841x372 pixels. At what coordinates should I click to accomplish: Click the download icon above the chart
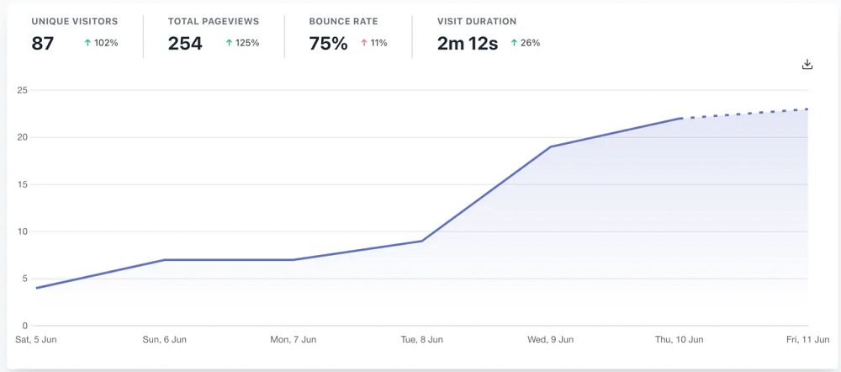click(x=807, y=65)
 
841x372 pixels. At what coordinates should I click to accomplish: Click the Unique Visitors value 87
click(x=43, y=44)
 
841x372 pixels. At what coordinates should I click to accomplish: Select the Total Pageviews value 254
click(x=185, y=44)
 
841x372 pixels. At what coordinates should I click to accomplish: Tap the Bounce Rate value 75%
click(x=328, y=44)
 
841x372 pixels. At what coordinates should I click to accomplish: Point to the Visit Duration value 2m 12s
click(x=467, y=44)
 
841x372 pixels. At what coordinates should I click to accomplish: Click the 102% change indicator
click(x=101, y=43)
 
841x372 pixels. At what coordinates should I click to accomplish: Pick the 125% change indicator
click(x=242, y=43)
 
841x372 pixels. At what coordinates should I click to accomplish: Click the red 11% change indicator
click(x=374, y=43)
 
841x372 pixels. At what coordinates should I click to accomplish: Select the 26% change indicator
click(x=525, y=43)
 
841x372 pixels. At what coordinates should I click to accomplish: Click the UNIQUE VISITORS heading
click(x=75, y=21)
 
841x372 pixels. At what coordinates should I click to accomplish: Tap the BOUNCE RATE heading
click(x=343, y=21)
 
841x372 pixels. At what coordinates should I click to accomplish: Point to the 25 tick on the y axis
click(x=23, y=90)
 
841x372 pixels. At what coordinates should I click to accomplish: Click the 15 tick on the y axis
click(x=23, y=184)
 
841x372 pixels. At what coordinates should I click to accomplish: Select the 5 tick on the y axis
click(x=25, y=279)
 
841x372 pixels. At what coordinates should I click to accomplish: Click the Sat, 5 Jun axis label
click(x=36, y=340)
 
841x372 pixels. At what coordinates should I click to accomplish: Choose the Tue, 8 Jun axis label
click(x=421, y=340)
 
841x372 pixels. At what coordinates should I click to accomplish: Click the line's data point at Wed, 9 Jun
click(x=550, y=146)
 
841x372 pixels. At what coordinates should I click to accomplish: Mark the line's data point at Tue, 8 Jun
click(x=421, y=241)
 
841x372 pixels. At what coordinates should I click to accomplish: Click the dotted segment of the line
click(x=744, y=114)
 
